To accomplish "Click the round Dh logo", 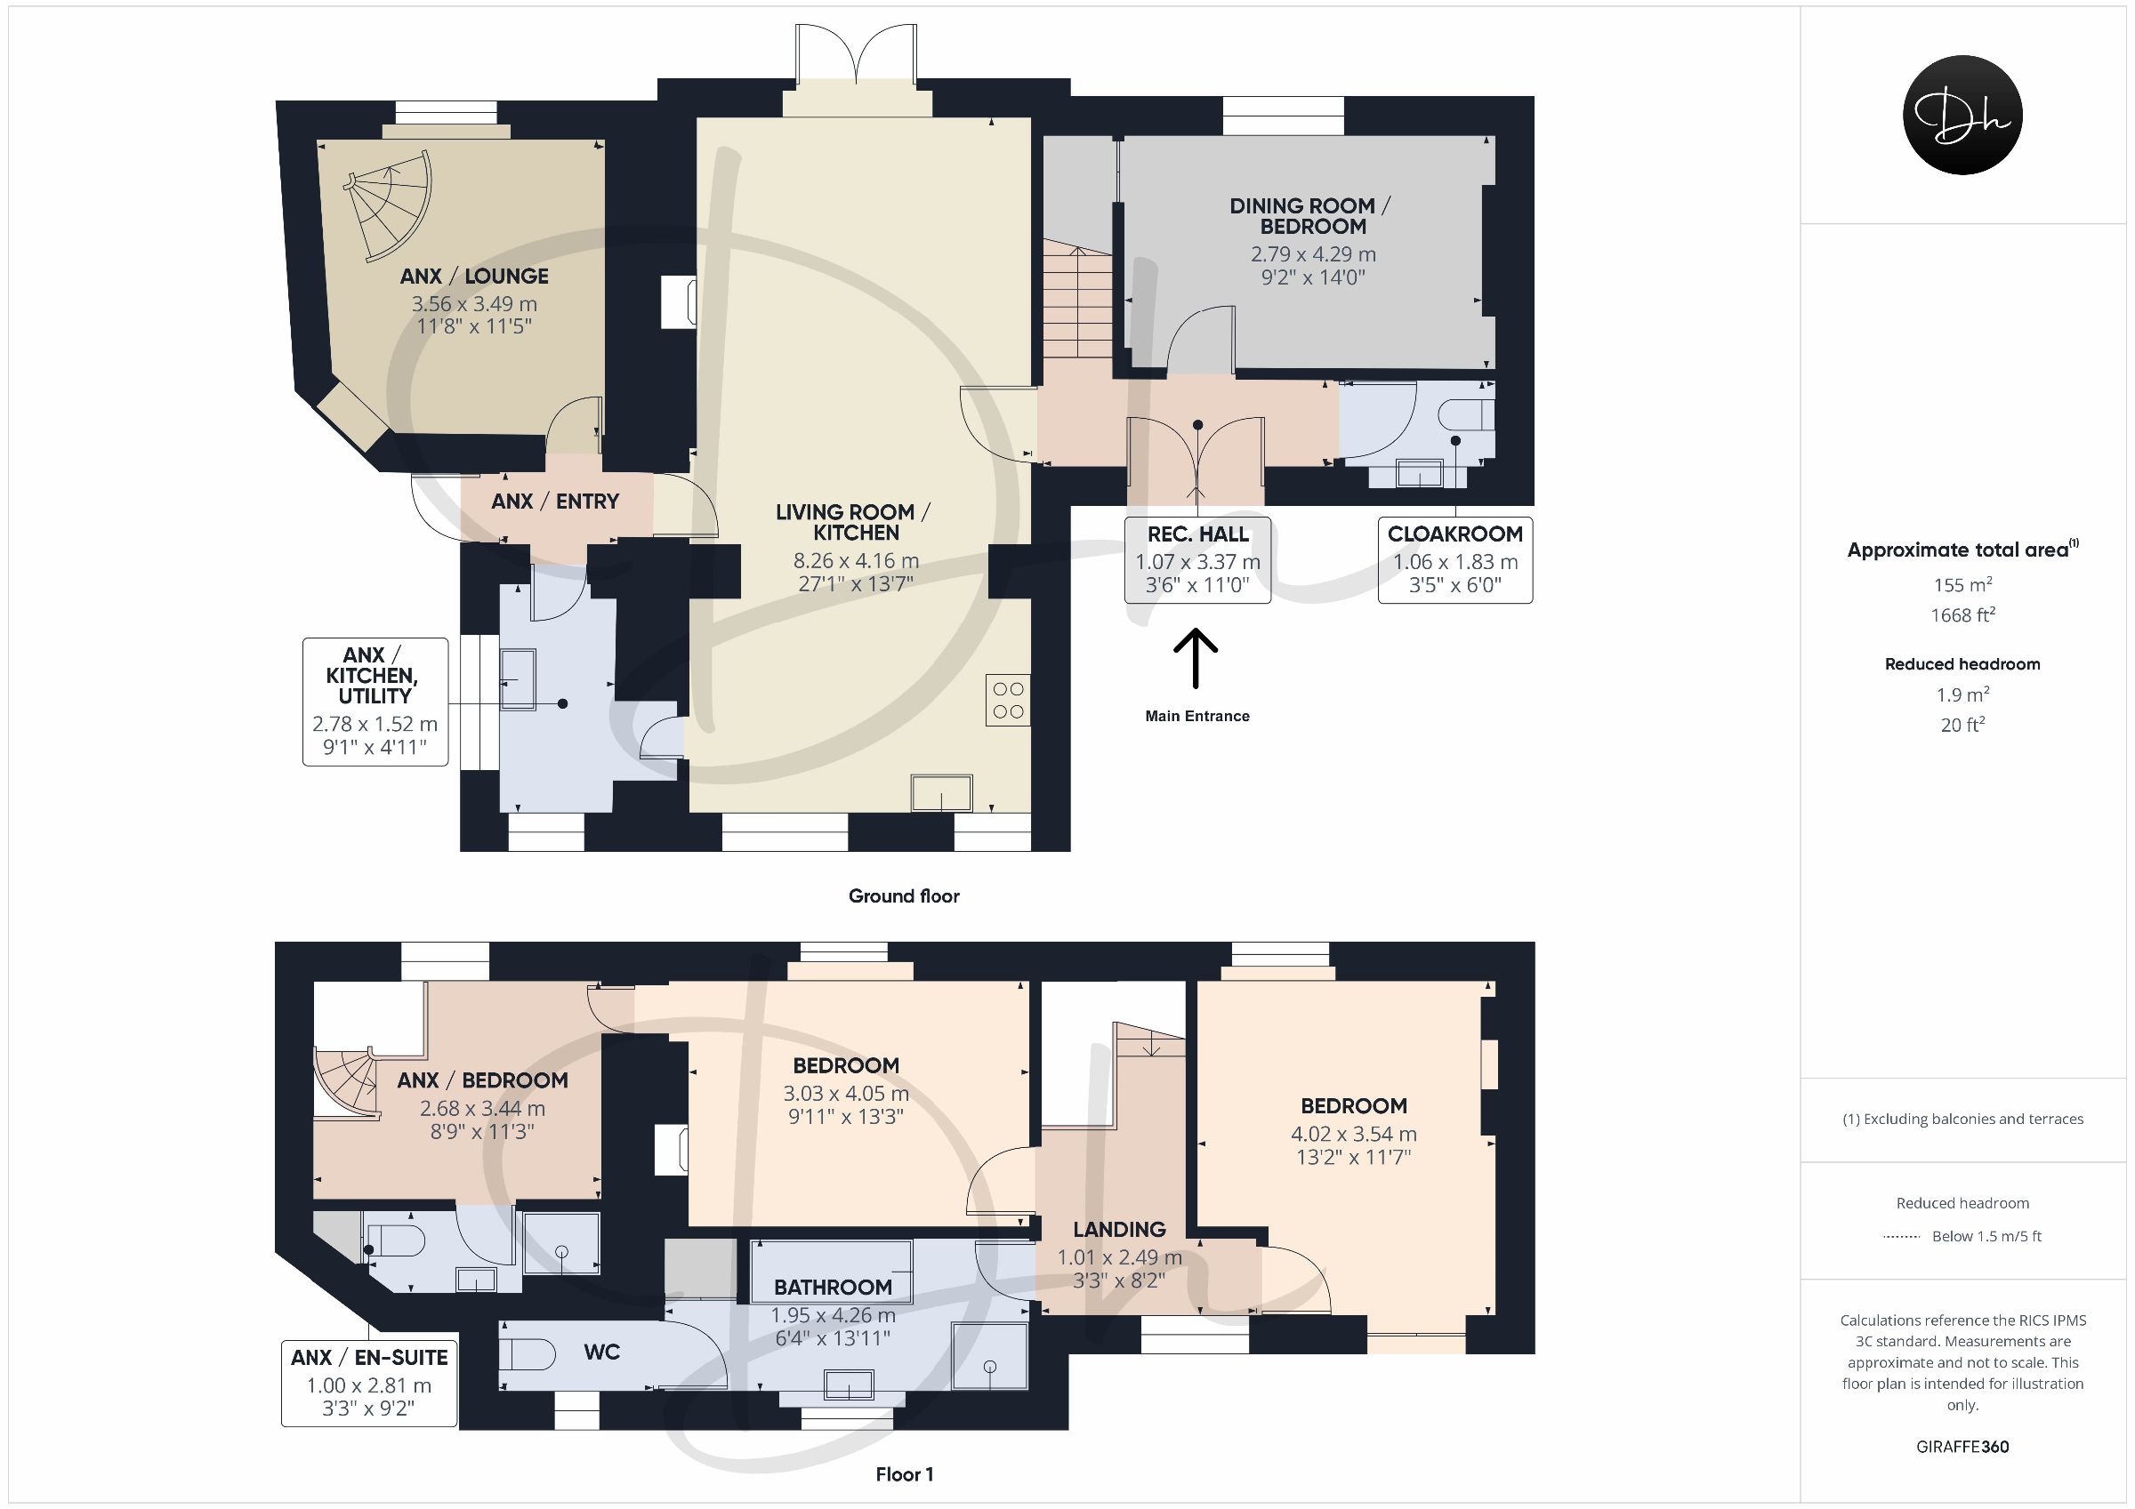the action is pos(1962,115).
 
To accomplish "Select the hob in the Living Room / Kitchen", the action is pos(1008,700).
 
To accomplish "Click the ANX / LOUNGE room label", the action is pos(474,277).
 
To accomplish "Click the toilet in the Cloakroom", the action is pos(1465,414).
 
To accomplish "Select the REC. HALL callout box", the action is pos(1197,560).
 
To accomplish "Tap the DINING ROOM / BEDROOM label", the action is pos(1312,217).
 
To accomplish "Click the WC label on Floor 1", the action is pos(601,1352).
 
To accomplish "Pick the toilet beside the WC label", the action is pos(527,1353).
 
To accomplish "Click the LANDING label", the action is pos(1120,1229).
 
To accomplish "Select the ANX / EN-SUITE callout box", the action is pos(369,1383).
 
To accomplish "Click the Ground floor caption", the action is pos(904,896).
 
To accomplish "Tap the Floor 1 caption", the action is pos(904,1474).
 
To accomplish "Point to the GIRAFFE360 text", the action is pos(1962,1447).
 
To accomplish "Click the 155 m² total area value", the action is pos(1962,585).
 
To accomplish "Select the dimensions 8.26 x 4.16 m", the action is pos(856,560).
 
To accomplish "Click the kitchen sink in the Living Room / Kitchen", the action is pos(942,793).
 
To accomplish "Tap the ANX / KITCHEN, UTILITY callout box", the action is pos(375,701).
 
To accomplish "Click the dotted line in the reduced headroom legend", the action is pos(1902,1237).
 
